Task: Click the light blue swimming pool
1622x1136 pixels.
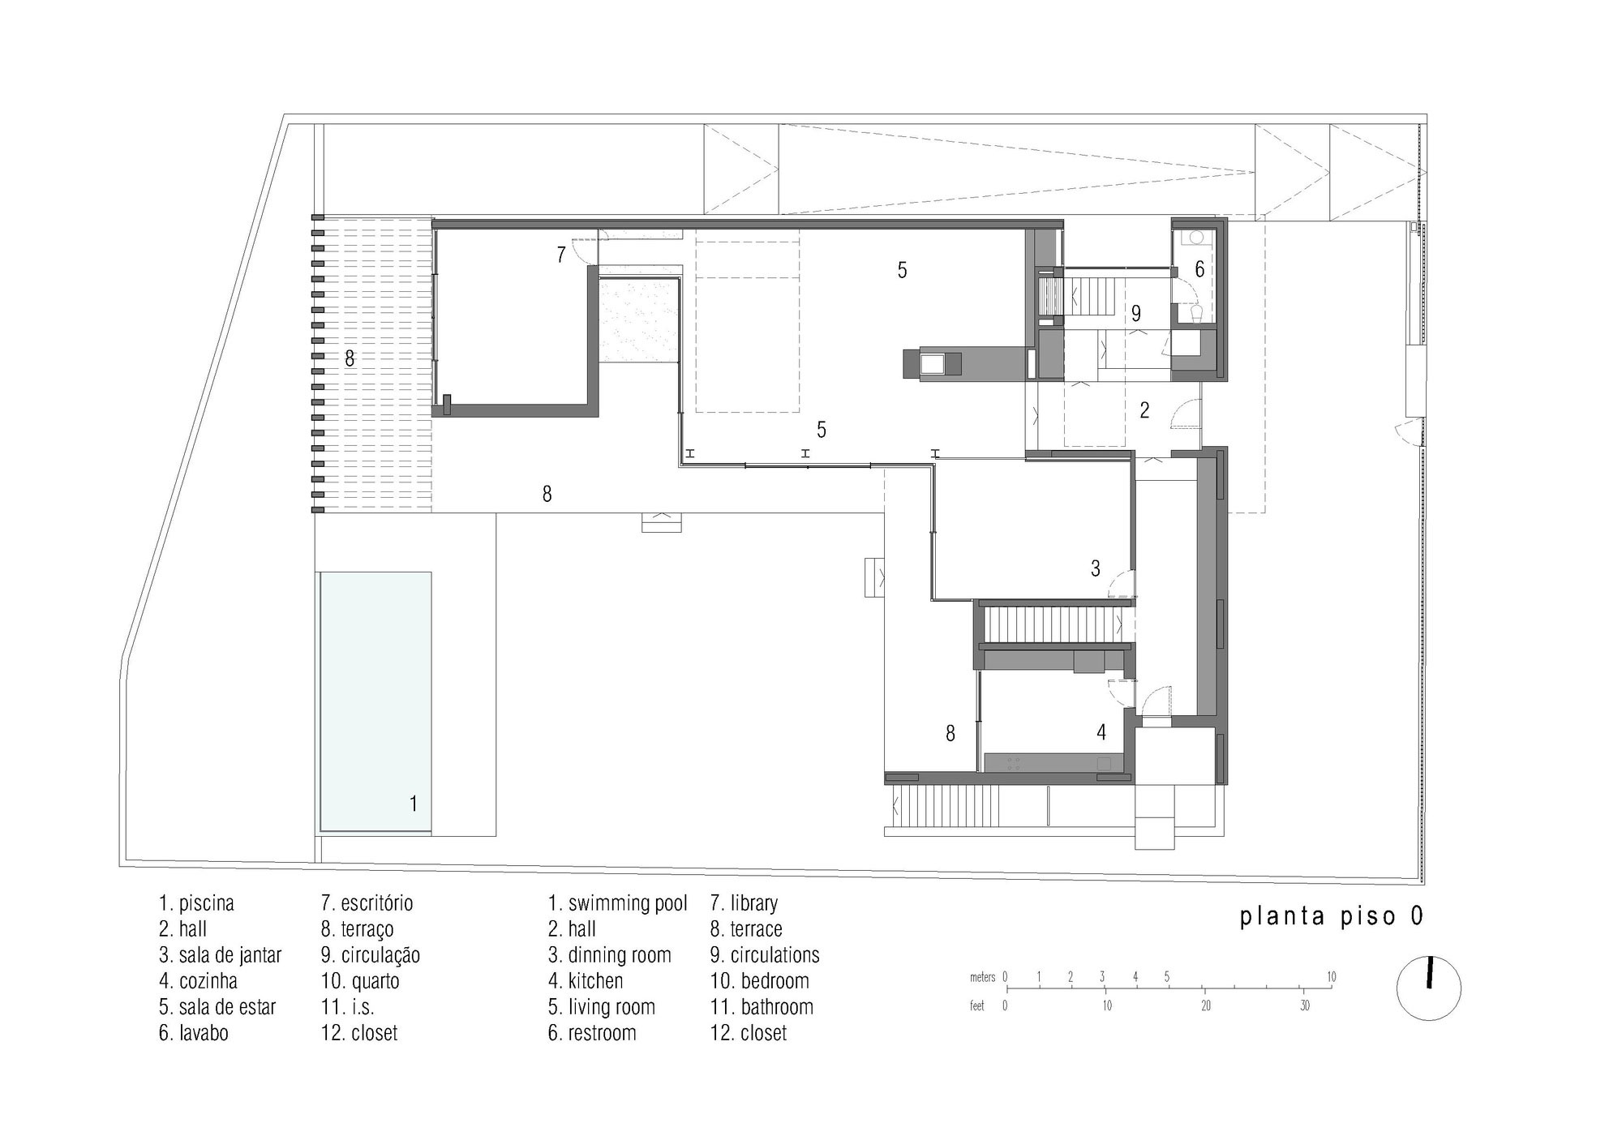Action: click(x=375, y=701)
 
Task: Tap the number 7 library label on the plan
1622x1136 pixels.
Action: click(x=560, y=255)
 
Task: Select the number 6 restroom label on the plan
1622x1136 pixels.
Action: click(x=1199, y=268)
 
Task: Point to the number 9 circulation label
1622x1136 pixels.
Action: click(x=1136, y=313)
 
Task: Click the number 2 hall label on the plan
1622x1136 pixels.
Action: click(x=1144, y=410)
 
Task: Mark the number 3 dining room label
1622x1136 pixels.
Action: click(x=1095, y=568)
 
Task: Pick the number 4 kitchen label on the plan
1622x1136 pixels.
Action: click(x=1101, y=732)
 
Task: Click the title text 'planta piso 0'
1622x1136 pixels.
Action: click(x=1331, y=916)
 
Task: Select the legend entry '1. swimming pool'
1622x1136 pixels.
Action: click(x=617, y=903)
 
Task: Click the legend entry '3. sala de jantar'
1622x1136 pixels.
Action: click(x=220, y=955)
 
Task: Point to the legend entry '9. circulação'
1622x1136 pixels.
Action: click(x=370, y=955)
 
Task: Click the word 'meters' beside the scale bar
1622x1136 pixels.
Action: click(x=982, y=978)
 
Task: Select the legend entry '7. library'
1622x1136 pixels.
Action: click(x=744, y=903)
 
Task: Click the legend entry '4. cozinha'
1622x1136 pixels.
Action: click(x=198, y=981)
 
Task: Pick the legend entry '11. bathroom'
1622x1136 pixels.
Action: click(x=762, y=1007)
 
